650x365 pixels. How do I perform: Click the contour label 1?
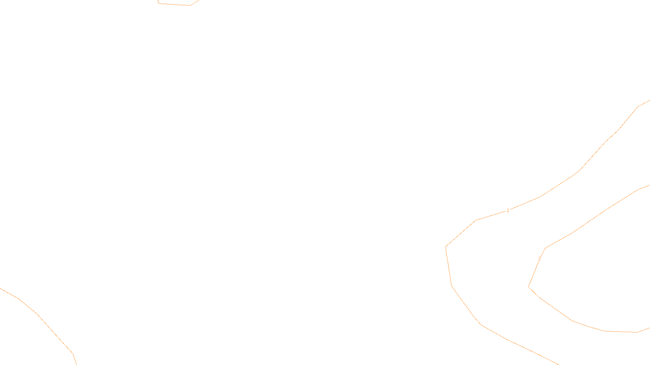(507, 210)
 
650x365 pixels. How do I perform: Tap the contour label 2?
(539, 259)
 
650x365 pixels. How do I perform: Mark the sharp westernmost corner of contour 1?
(446, 247)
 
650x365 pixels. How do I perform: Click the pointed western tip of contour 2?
(529, 287)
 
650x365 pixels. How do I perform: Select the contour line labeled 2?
(604, 212)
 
